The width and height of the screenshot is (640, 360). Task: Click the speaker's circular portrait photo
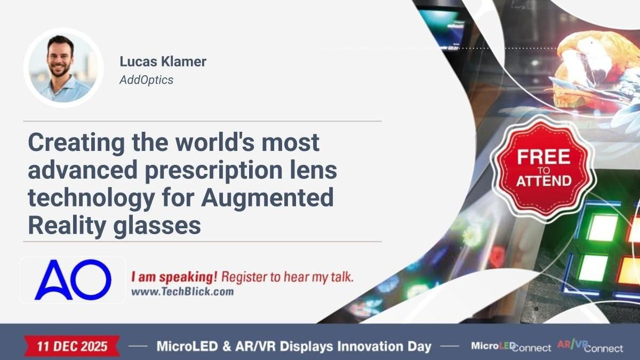[63, 68]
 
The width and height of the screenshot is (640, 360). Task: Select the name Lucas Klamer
[163, 62]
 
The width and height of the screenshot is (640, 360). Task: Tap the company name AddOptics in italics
[146, 80]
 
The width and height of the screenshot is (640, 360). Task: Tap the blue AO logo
[73, 279]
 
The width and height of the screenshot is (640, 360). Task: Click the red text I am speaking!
[174, 277]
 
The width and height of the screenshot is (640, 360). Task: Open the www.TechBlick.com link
[182, 292]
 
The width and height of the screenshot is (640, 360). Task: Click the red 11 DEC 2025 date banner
[72, 346]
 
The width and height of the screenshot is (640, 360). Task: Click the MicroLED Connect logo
[510, 347]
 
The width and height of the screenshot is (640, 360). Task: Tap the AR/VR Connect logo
[589, 347]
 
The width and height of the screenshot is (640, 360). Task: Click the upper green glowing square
[602, 228]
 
